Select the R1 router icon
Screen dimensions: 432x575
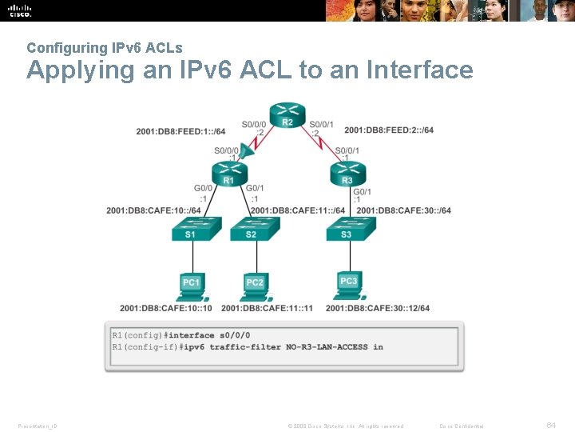(x=228, y=172)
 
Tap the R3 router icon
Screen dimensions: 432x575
(x=347, y=172)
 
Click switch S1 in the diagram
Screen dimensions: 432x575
(x=191, y=230)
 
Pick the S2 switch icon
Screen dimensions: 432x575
(x=254, y=230)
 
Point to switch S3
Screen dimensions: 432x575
(x=348, y=230)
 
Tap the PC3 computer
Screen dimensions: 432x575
(x=349, y=282)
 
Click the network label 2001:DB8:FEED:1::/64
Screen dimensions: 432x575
(x=180, y=130)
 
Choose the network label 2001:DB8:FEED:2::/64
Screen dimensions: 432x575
(x=389, y=130)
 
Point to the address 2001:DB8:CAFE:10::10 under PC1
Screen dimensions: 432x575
(x=166, y=308)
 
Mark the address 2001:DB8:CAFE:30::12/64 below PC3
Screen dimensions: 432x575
(x=377, y=308)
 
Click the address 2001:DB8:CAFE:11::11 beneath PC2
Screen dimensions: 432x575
(x=267, y=308)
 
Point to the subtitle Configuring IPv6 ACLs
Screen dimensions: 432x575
(x=104, y=48)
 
